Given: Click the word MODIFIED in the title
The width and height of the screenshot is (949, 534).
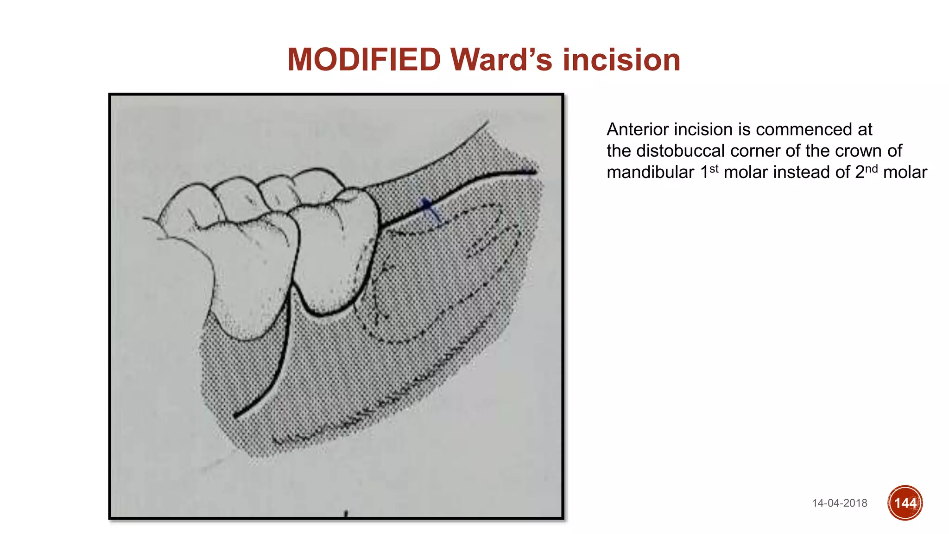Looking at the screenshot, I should coord(364,60).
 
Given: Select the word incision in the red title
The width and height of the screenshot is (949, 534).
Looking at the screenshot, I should coord(621,60).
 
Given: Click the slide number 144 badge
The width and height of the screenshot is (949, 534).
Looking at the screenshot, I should coord(905,503).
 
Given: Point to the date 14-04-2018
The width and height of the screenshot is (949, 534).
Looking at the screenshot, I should coord(839,503).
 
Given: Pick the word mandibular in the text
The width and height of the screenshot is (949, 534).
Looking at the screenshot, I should coord(650,172).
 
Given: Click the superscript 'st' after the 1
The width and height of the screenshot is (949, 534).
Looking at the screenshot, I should coord(714,169).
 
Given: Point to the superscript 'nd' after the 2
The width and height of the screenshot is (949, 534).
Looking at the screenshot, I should coord(871,169).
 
